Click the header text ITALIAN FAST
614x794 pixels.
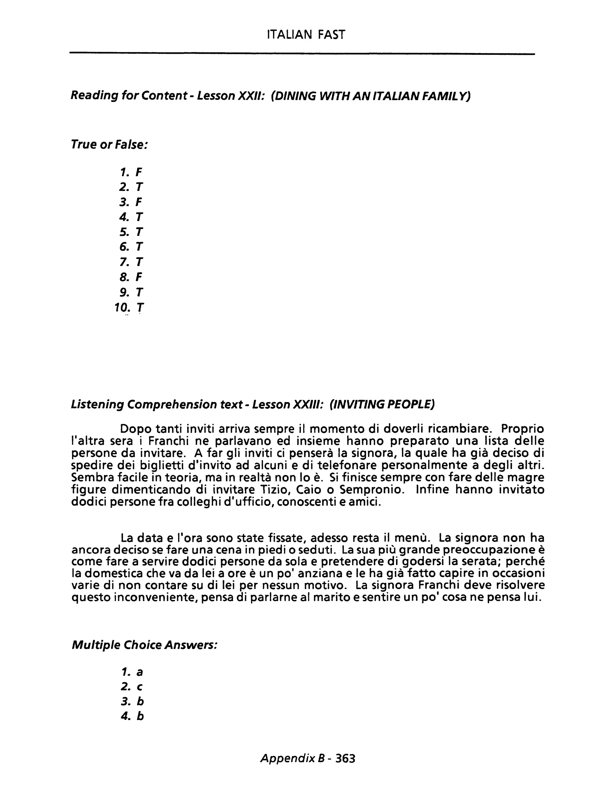(306, 34)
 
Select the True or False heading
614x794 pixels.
(109, 144)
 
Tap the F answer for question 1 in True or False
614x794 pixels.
(139, 172)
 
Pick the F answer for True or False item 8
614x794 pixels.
(139, 277)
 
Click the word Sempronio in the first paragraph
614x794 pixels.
(371, 490)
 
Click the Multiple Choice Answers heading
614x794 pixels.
(145, 645)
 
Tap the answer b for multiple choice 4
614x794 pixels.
(140, 717)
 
